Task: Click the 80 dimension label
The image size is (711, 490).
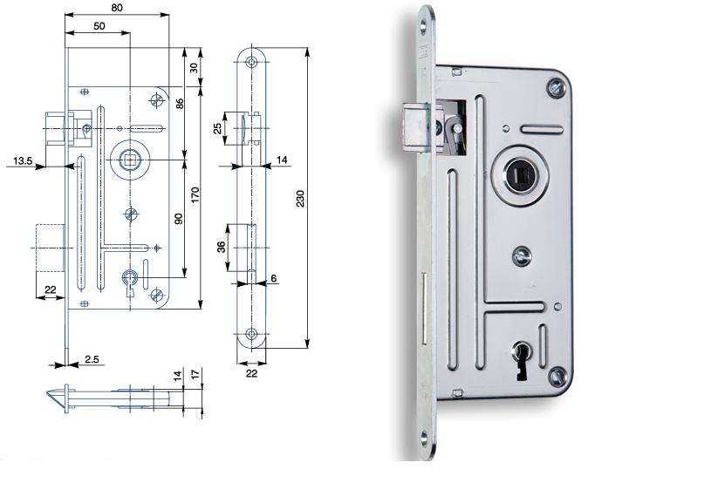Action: coord(117,8)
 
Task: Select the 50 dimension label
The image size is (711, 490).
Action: coord(99,26)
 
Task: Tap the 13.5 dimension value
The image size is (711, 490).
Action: coord(22,160)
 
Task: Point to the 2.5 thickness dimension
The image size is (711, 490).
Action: coord(92,359)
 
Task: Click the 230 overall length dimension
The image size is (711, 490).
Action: coord(300,198)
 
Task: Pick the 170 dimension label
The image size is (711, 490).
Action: coord(195,195)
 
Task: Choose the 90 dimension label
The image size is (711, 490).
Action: coord(179,219)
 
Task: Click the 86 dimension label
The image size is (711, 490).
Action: coord(180,104)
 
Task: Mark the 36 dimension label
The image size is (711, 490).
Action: coord(221,247)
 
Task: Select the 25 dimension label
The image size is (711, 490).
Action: coord(217,128)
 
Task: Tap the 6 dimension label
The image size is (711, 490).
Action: coord(274,278)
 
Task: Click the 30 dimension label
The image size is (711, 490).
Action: coord(194,67)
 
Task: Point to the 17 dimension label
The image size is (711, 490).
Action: coord(195,375)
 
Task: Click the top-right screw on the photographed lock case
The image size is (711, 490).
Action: coord(557,87)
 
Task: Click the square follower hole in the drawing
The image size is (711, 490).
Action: coord(126,160)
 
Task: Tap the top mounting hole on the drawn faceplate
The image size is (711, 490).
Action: coord(251,61)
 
